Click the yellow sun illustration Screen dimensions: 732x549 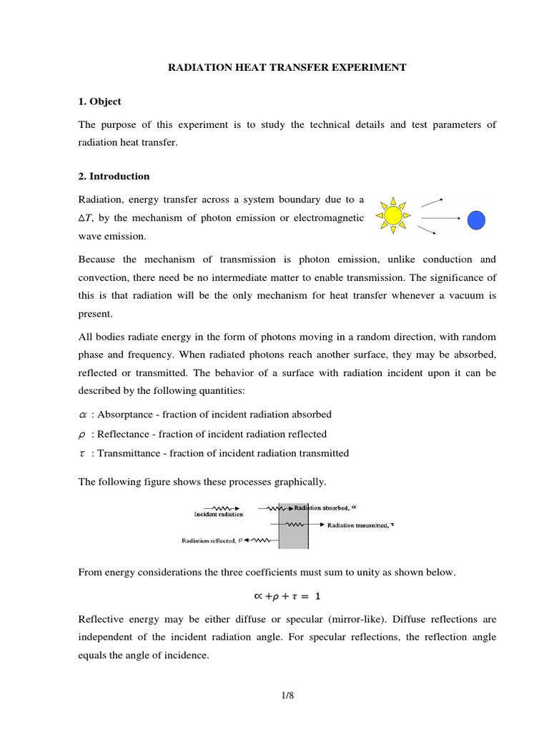click(x=392, y=214)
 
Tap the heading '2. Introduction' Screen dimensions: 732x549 click(x=114, y=176)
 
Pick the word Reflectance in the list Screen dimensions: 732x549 click(x=122, y=434)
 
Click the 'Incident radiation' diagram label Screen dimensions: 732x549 click(x=218, y=513)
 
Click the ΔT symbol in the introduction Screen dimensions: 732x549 click(x=86, y=217)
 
